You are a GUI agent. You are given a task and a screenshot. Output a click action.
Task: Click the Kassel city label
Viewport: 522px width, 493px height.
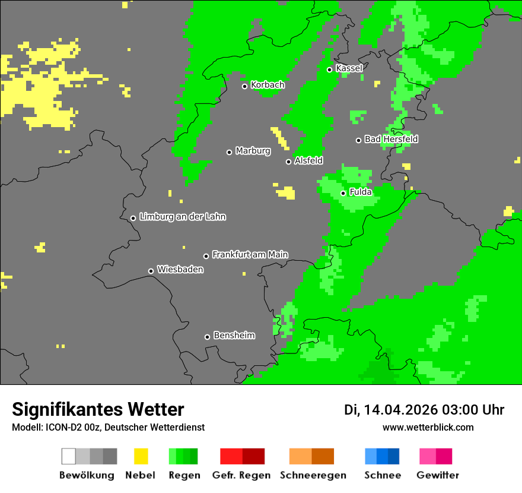[x=349, y=68]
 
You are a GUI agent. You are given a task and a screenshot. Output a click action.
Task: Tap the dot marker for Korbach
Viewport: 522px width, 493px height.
[x=244, y=86]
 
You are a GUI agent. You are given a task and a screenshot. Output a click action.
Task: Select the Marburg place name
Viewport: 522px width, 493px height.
[x=253, y=151]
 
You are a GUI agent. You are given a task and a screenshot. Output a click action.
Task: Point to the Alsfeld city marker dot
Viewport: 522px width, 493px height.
[x=288, y=162]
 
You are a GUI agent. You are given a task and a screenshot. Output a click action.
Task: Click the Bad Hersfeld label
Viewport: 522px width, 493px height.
[x=391, y=139]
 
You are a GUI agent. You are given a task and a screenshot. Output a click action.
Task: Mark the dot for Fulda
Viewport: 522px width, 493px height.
[x=343, y=193]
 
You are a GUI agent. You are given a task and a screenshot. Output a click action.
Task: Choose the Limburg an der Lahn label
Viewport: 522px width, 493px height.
[x=182, y=217]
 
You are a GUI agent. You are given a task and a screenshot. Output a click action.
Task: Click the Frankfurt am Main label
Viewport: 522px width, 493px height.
[x=250, y=255]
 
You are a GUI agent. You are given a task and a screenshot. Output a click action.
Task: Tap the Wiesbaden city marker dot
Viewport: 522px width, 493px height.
[x=151, y=271]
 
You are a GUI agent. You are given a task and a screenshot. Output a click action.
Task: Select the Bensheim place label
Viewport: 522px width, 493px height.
[x=234, y=336]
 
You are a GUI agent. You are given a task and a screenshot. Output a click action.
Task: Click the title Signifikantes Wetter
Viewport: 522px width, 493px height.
[x=98, y=409]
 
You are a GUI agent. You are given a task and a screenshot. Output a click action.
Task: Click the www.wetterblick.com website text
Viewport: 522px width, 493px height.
[x=428, y=427]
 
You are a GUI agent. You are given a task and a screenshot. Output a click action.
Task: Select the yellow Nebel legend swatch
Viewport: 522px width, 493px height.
[x=141, y=456]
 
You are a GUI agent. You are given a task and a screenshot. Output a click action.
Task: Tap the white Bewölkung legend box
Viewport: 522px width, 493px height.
[x=69, y=456]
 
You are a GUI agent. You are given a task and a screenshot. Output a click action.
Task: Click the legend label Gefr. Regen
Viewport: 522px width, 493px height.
[x=241, y=475]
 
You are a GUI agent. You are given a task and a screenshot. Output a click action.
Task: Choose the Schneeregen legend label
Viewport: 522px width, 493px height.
[x=313, y=475]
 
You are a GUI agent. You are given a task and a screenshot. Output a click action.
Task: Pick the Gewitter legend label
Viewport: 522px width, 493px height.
[x=437, y=475]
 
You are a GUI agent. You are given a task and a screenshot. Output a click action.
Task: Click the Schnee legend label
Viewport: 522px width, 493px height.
[x=382, y=475]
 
